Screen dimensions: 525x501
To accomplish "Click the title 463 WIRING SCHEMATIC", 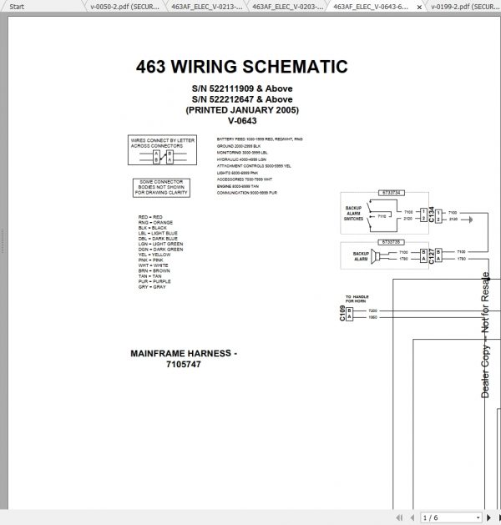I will coord(241,67).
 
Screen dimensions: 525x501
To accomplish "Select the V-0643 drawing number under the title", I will coord(241,121).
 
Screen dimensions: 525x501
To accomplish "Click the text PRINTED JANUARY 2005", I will coord(241,110).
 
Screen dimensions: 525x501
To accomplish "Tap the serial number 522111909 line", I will coord(241,88).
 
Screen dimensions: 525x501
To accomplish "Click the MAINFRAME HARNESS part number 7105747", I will coord(184,365).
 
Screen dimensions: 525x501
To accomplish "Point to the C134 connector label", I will coord(432,215).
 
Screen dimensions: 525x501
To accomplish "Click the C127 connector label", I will coord(432,255).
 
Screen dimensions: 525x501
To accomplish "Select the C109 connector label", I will coord(342,314).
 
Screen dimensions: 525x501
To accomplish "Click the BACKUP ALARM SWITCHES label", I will coord(353,213).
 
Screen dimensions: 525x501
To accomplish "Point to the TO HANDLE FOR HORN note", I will coord(357,299).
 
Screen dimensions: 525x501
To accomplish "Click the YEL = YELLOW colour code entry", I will coord(154,255).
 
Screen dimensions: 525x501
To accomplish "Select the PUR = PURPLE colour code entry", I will coord(154,281).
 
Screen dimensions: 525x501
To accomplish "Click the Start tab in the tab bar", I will coord(16,6).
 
